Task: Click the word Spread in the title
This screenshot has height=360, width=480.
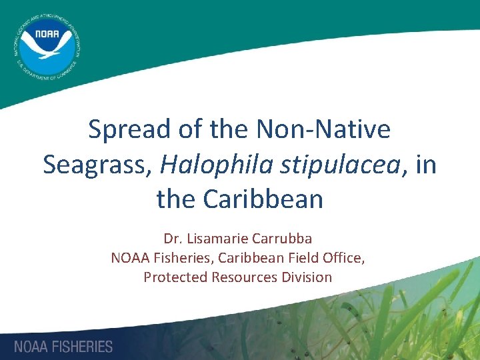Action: (127, 129)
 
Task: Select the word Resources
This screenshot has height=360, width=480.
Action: (245, 277)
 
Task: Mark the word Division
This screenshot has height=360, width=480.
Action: (307, 277)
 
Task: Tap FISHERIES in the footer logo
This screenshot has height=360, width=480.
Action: (83, 347)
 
